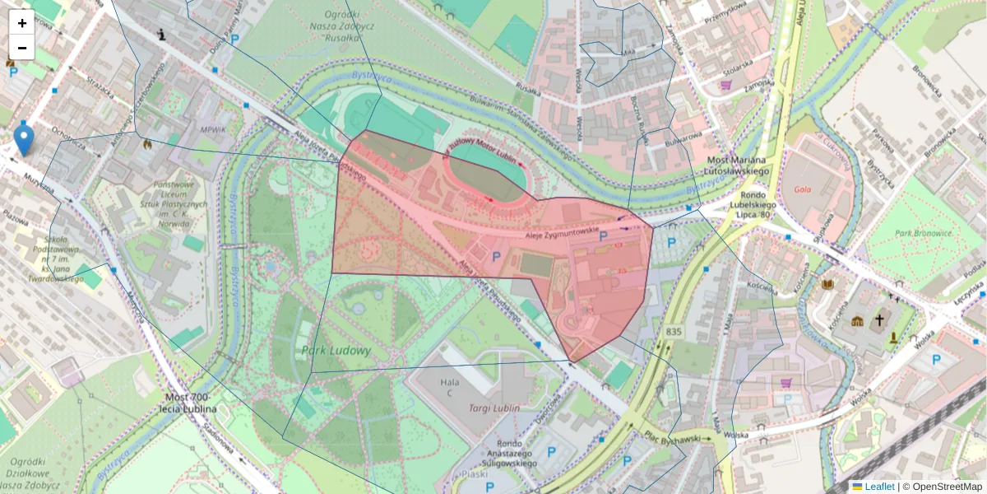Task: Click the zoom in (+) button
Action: [21, 23]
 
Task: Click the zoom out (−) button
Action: [21, 48]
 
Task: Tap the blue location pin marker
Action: [25, 138]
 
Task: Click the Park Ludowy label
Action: [336, 350]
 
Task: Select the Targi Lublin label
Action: [493, 408]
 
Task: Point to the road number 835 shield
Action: [674, 332]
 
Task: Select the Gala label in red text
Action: [804, 189]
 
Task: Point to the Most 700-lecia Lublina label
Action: [191, 403]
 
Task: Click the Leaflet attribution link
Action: [879, 487]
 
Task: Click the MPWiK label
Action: [212, 130]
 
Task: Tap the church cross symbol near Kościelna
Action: [879, 319]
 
